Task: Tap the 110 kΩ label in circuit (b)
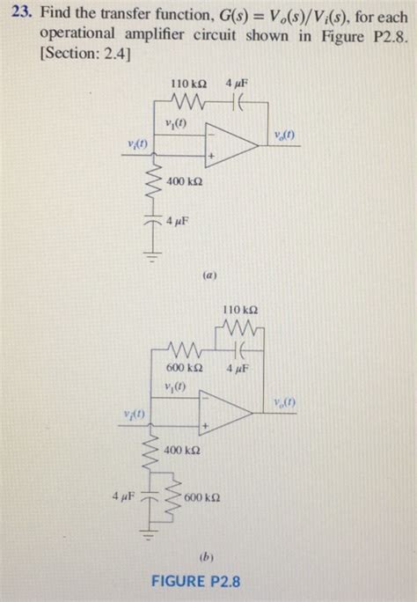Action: point(240,310)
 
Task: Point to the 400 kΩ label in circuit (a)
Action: point(185,181)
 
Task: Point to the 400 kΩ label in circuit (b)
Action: point(183,450)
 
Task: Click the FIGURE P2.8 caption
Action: point(196,581)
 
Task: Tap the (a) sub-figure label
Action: point(209,274)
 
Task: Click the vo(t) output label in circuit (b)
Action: point(284,402)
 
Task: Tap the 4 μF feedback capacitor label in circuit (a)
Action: point(237,82)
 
